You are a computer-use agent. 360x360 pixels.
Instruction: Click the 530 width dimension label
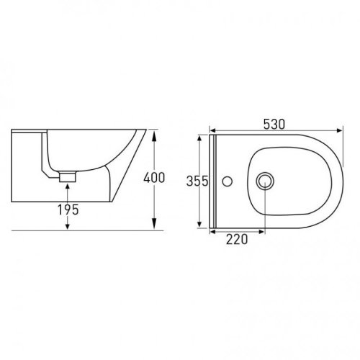(x=274, y=125)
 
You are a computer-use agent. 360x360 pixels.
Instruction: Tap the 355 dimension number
(x=197, y=181)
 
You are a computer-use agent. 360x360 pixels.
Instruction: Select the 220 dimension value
(x=237, y=239)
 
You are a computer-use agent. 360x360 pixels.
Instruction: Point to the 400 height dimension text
(x=154, y=178)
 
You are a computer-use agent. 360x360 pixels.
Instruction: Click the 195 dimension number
(x=68, y=210)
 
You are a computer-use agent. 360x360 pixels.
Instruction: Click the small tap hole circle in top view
(x=227, y=181)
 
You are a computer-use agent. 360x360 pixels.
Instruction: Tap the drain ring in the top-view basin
(x=265, y=181)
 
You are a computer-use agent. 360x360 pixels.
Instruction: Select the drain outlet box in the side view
(x=68, y=177)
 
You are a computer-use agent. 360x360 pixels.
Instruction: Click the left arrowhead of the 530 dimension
(x=212, y=130)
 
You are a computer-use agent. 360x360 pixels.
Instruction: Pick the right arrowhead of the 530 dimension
(x=340, y=130)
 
